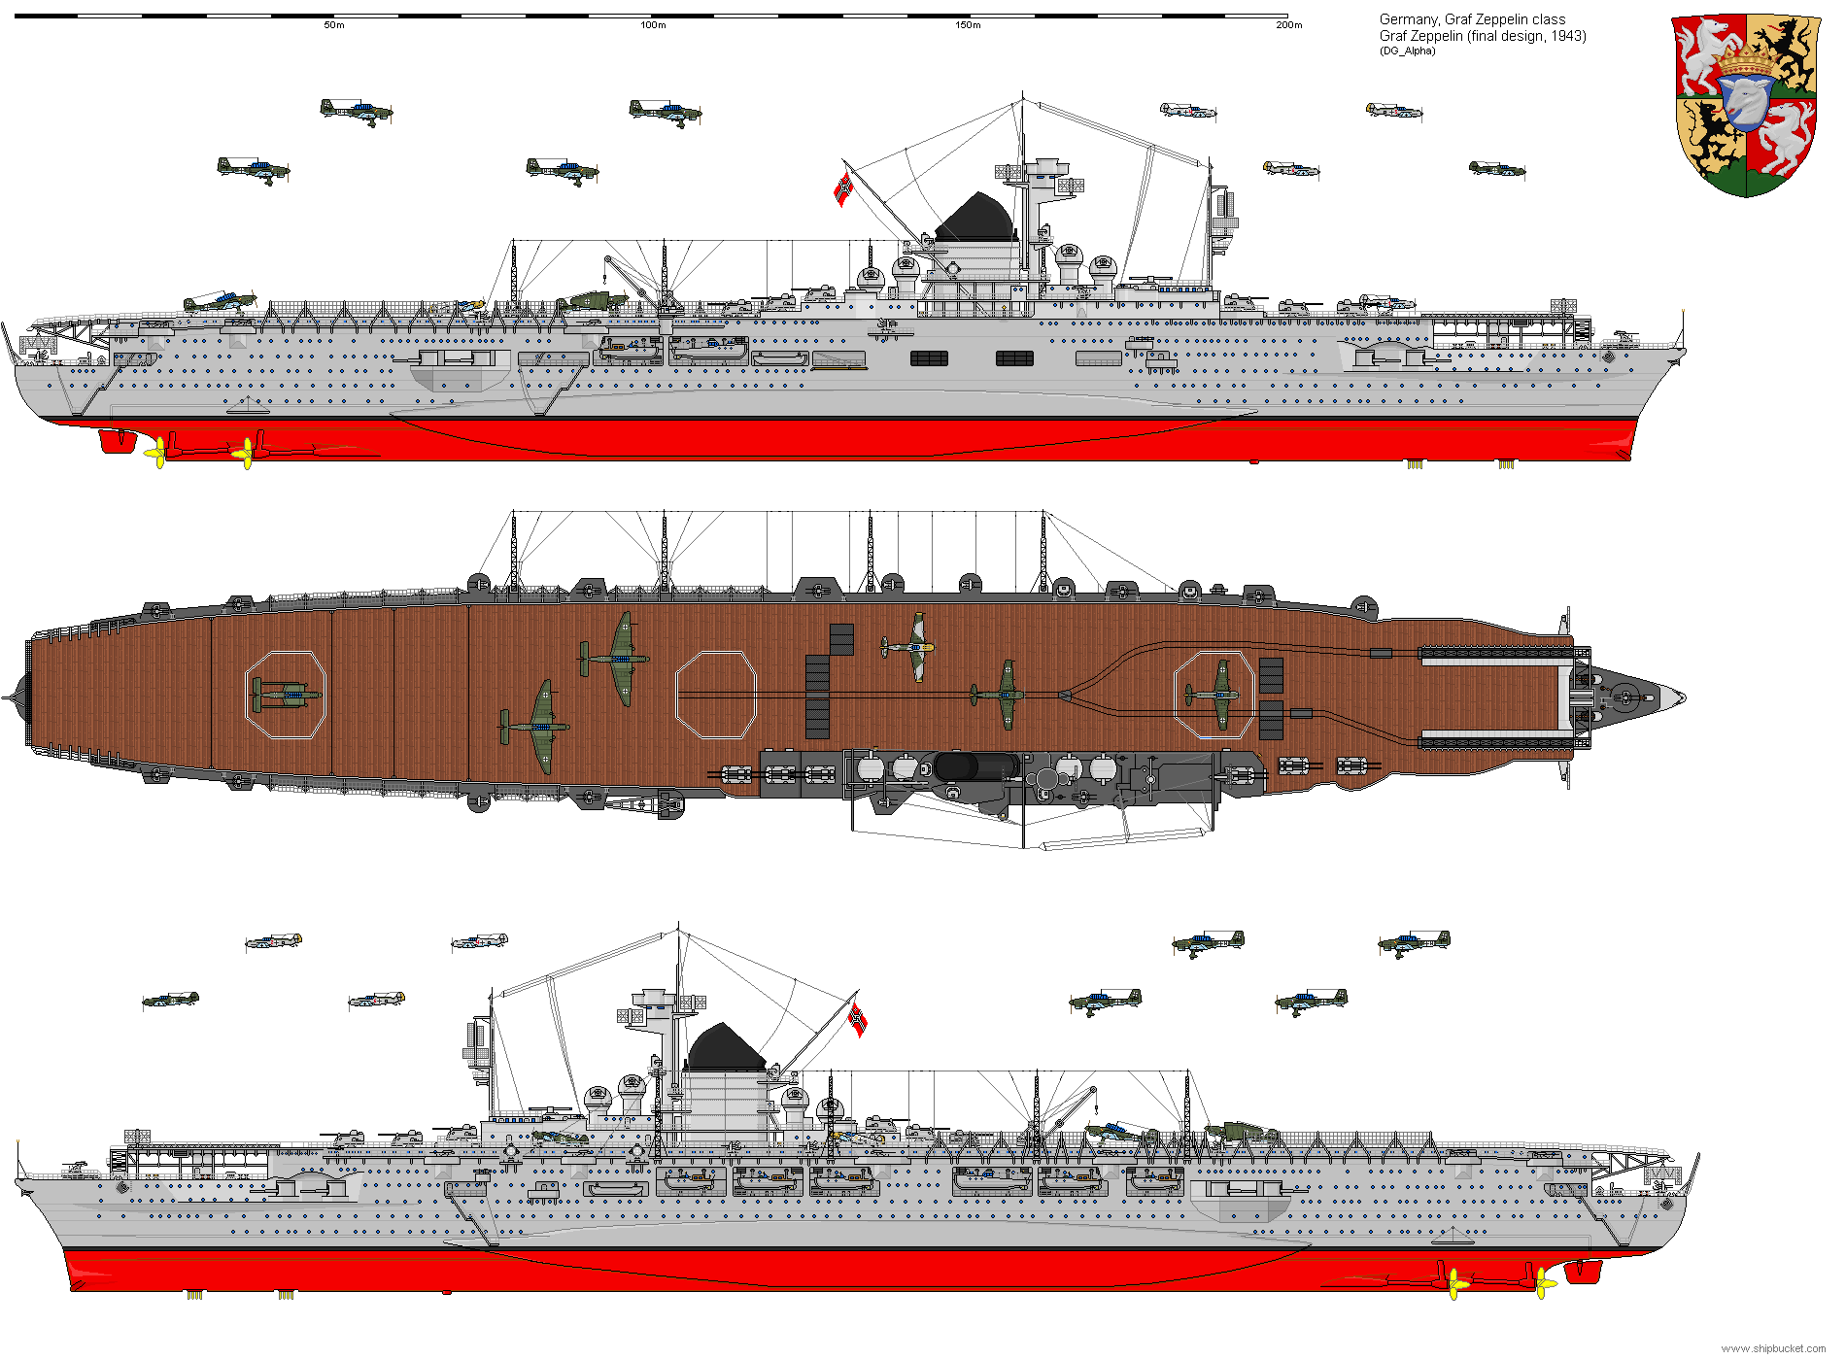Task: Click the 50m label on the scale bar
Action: point(334,25)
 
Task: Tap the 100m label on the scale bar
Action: point(654,25)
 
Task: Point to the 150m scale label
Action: point(969,25)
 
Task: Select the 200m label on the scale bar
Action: point(1289,25)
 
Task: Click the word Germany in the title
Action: point(1408,19)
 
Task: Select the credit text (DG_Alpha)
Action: point(1407,51)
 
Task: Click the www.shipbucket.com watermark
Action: point(1773,1348)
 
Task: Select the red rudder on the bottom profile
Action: point(1583,1271)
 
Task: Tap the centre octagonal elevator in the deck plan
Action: point(716,696)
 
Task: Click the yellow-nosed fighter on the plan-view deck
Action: point(910,646)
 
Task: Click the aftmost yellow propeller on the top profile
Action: point(155,452)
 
